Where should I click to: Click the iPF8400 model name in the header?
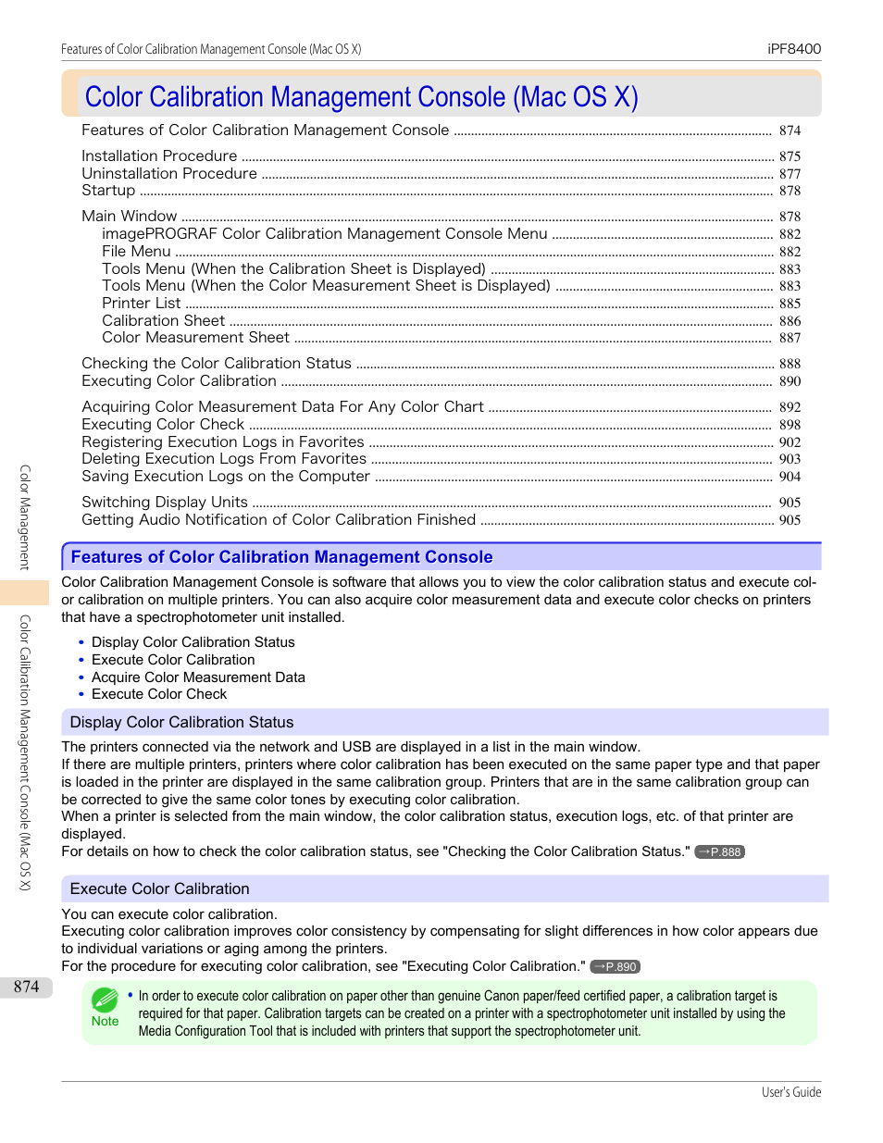pos(794,49)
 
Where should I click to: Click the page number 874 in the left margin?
pos(26,987)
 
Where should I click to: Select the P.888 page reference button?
pos(720,852)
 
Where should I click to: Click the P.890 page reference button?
pos(616,967)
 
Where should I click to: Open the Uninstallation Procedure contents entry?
pos(169,174)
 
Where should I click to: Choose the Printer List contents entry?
pos(142,304)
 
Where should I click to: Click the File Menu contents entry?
pos(136,252)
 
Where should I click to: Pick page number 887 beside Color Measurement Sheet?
pos(790,339)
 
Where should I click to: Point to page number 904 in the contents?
pos(790,477)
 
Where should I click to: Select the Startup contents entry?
pos(108,191)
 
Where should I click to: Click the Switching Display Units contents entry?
pos(165,503)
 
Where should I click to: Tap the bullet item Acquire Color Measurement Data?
pos(198,677)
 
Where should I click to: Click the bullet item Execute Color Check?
pos(159,694)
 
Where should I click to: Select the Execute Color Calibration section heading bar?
pos(444,889)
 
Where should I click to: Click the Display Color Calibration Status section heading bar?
pos(444,723)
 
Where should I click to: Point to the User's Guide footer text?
pos(791,1093)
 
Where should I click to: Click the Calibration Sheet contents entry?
pos(163,321)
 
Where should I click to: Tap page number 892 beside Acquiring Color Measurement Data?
pos(790,407)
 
